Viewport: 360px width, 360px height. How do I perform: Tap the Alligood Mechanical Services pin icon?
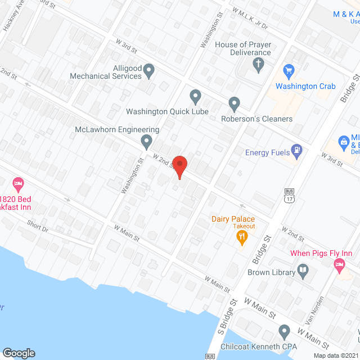[149, 71]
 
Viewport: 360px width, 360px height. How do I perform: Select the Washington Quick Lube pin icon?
[195, 96]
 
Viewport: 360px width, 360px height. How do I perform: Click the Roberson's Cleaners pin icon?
[235, 103]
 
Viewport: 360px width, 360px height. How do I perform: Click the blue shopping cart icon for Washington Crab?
[290, 71]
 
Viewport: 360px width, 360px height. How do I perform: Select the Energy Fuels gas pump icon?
[296, 151]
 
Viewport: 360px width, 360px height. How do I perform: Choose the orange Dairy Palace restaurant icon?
[242, 238]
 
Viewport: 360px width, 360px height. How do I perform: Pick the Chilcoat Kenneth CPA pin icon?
[284, 331]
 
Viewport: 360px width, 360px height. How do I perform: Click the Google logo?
[18, 353]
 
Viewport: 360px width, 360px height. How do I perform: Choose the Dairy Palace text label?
[233, 219]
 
